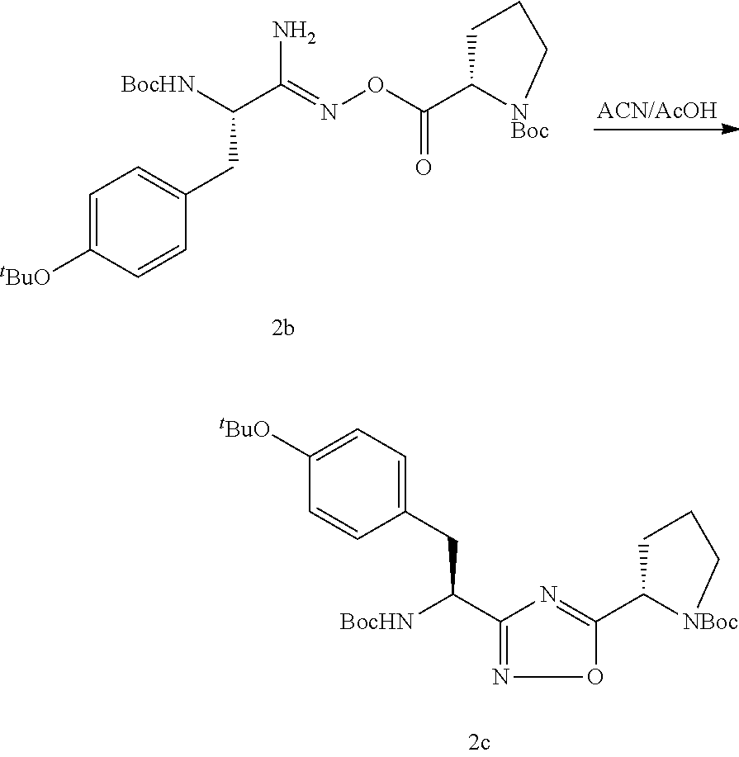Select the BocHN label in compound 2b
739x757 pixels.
pyautogui.click(x=158, y=84)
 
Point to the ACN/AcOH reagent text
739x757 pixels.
pyautogui.click(x=656, y=110)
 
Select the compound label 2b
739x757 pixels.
pyautogui.click(x=283, y=330)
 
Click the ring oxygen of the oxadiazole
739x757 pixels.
pyautogui.click(x=593, y=679)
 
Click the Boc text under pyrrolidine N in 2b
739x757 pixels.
pyautogui.click(x=529, y=130)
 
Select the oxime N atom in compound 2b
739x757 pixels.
pyautogui.click(x=329, y=111)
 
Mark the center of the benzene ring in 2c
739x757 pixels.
pyautogui.click(x=358, y=484)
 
